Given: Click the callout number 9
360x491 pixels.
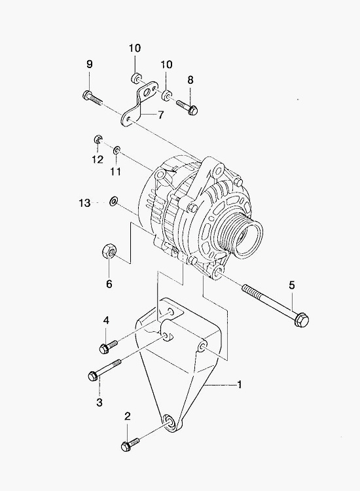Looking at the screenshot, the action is tap(90, 64).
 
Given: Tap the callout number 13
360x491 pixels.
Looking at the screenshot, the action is tap(84, 203).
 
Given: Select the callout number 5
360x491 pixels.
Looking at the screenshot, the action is tap(292, 285).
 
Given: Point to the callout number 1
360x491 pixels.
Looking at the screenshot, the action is tap(240, 384).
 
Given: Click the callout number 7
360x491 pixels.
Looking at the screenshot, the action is tap(160, 115).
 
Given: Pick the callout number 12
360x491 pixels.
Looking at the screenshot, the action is tap(98, 159).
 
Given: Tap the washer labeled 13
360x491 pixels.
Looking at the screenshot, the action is tap(113, 201).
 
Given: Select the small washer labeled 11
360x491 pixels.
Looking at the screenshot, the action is tap(117, 151).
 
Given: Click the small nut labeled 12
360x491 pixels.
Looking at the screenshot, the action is tap(98, 139).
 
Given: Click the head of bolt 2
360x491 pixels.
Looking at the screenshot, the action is tap(126, 446).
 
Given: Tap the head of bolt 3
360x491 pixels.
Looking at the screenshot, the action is tap(94, 376).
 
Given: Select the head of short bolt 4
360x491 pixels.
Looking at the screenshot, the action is tap(104, 348).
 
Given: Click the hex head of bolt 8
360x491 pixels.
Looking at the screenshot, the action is tap(193, 110).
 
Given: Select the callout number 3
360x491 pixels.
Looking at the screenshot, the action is tap(99, 403).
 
